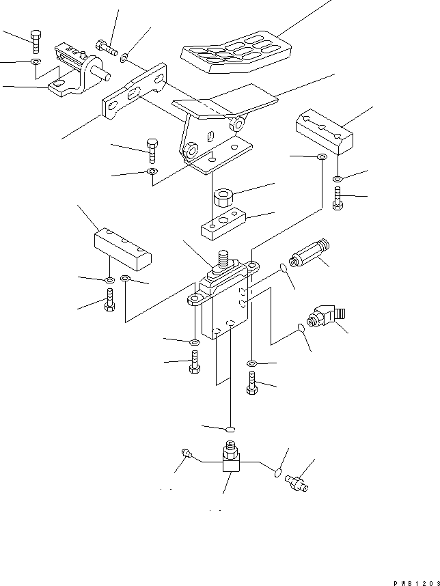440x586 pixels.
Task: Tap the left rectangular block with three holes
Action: pos(123,247)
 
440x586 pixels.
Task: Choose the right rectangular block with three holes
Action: pos(324,131)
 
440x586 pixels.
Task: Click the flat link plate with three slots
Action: pos(135,92)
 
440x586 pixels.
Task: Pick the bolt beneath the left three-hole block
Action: pos(109,301)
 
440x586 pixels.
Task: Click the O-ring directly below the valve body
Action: pos(231,429)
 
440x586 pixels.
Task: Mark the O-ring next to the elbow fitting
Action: pos(301,331)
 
